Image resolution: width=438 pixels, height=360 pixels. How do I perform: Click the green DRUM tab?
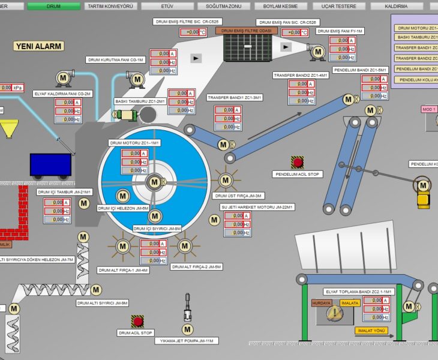pos(53,5)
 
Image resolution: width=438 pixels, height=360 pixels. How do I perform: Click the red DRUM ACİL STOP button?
pos(138,320)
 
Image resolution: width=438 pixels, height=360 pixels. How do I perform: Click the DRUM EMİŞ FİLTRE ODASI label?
pos(248,30)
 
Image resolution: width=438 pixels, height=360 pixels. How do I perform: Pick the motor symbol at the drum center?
pos(154,182)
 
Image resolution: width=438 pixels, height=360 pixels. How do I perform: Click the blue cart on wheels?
pos(50,164)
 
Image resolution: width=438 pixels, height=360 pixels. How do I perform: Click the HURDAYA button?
pos(322,304)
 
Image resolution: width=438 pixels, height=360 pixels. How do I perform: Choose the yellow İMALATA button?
pos(350,304)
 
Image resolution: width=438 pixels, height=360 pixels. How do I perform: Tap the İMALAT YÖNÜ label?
pos(371,331)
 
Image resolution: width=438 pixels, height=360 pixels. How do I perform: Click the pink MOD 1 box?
pos(429,109)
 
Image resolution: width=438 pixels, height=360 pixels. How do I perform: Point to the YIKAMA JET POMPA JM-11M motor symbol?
pos(187,329)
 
